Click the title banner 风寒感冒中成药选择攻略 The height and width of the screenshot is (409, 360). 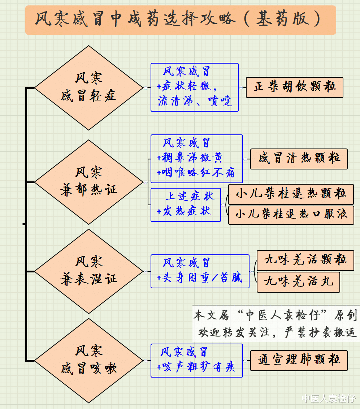point(181,20)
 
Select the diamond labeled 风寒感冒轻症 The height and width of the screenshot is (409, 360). point(89,88)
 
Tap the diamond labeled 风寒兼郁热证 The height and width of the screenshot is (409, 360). point(89,182)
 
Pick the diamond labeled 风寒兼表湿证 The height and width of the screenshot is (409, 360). point(89,271)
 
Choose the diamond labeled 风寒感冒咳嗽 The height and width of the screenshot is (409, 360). point(89,361)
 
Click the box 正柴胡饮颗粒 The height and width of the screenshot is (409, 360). point(295,87)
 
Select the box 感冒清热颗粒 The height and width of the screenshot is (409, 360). point(299,159)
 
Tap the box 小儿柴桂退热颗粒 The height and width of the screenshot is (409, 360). point(291,194)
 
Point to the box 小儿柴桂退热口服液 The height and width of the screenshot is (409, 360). point(291,215)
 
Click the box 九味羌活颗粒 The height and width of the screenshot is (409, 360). point(305,260)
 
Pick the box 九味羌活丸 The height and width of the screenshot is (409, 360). point(299,282)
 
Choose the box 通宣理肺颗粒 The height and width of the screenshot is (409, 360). point(299,361)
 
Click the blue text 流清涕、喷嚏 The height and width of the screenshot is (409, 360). point(195,101)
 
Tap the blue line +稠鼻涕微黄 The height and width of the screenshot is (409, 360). point(190,158)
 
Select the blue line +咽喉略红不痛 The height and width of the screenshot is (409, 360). point(195,172)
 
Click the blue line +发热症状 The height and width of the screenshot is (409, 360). point(184,211)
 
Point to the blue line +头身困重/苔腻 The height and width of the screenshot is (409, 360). point(199,277)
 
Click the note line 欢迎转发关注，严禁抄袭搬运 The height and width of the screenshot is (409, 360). point(277,332)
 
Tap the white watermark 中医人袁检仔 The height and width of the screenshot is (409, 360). point(329,399)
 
